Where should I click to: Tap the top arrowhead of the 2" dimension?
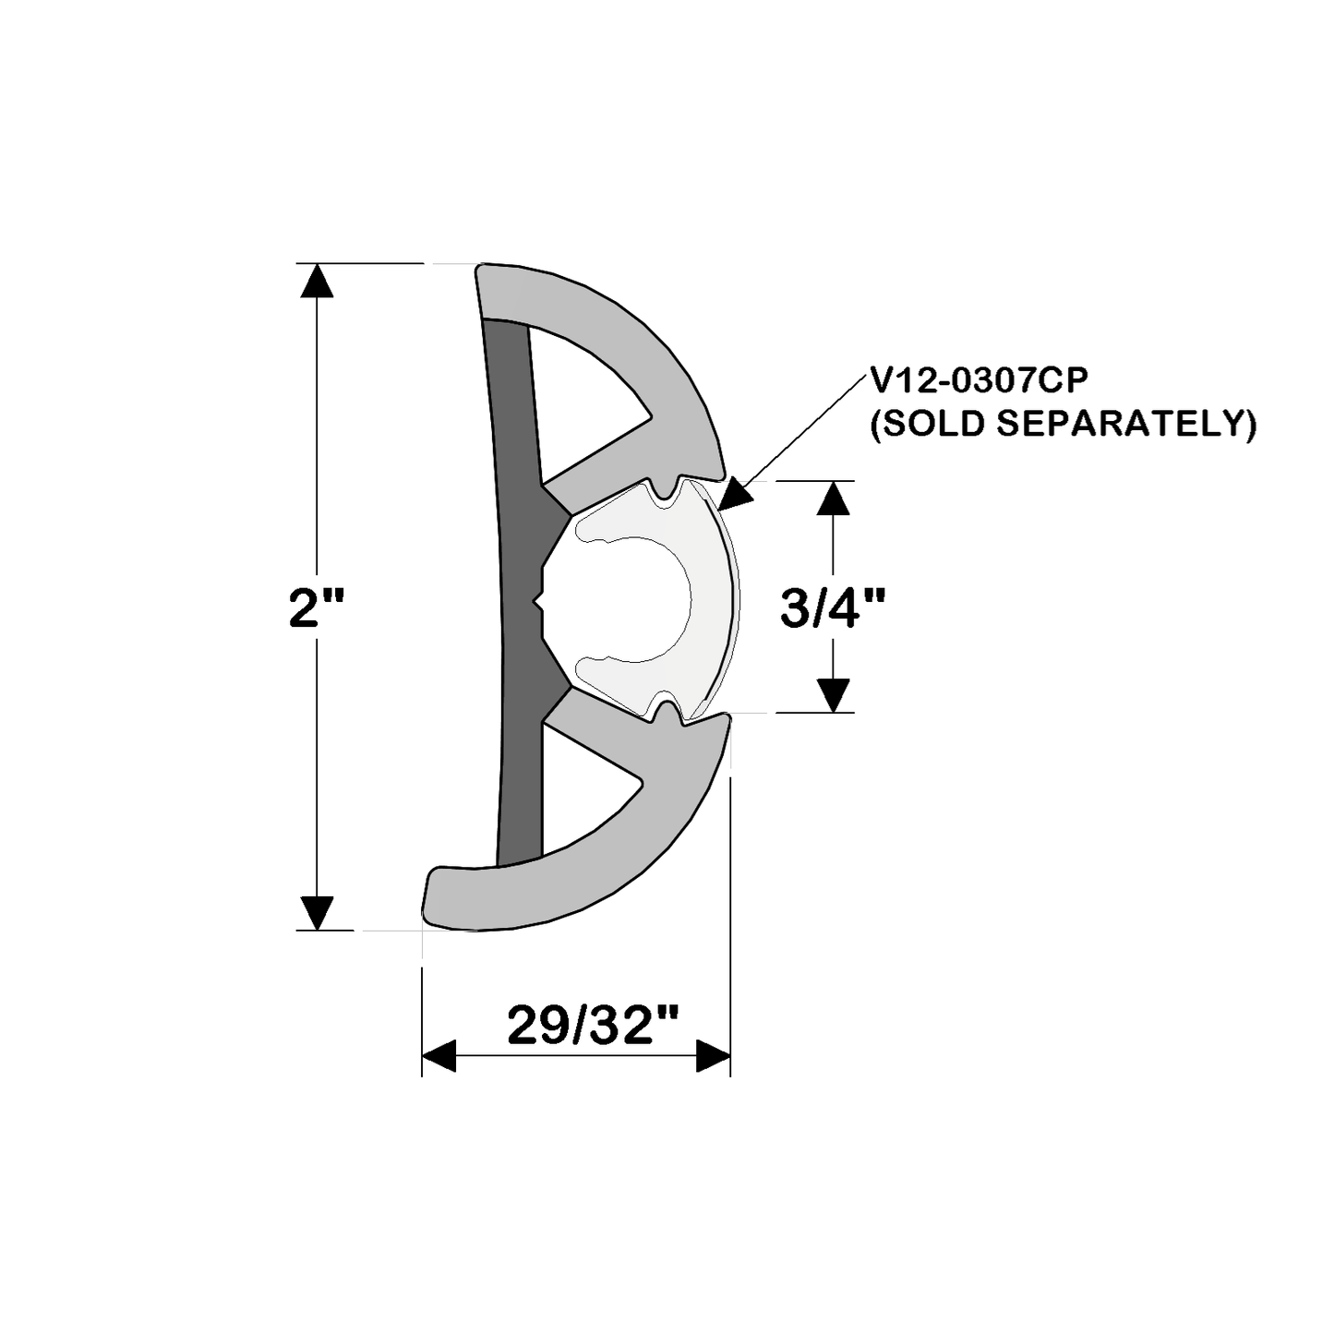(317, 280)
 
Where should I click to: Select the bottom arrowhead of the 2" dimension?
(317, 913)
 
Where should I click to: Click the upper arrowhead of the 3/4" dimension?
(833, 499)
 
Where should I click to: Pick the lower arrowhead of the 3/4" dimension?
(833, 695)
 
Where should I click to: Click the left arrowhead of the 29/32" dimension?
(439, 1055)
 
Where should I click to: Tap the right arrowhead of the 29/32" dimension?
(713, 1055)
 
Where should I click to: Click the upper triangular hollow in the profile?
(582, 406)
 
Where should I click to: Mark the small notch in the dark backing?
(538, 605)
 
